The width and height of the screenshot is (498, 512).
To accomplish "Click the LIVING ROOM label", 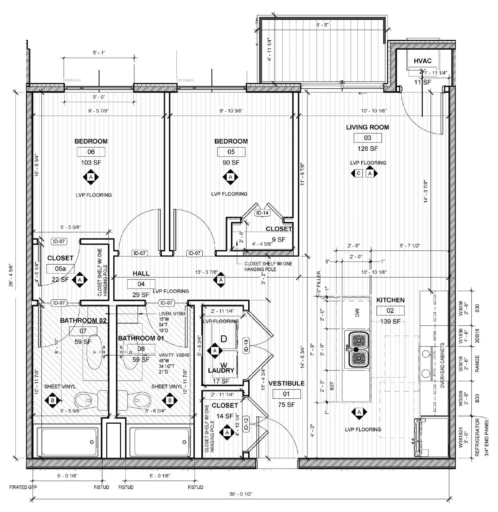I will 367,127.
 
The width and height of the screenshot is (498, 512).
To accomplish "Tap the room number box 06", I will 91,152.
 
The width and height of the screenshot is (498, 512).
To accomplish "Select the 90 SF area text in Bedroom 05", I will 231,163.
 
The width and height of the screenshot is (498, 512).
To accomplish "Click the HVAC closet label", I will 422,61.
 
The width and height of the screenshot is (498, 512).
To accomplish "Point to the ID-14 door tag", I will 262,213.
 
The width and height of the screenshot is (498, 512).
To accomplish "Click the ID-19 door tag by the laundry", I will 246,345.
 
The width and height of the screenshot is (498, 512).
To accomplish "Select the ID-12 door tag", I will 246,424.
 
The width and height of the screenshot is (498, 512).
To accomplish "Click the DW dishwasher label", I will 357,312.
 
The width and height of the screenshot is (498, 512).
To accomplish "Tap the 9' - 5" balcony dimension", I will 322,25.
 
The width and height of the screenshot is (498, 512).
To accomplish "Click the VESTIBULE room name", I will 286,383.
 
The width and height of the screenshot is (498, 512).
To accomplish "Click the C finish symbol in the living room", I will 358,173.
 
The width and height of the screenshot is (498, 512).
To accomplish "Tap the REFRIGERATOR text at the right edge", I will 477,437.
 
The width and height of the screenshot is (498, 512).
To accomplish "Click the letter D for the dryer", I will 224,339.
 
